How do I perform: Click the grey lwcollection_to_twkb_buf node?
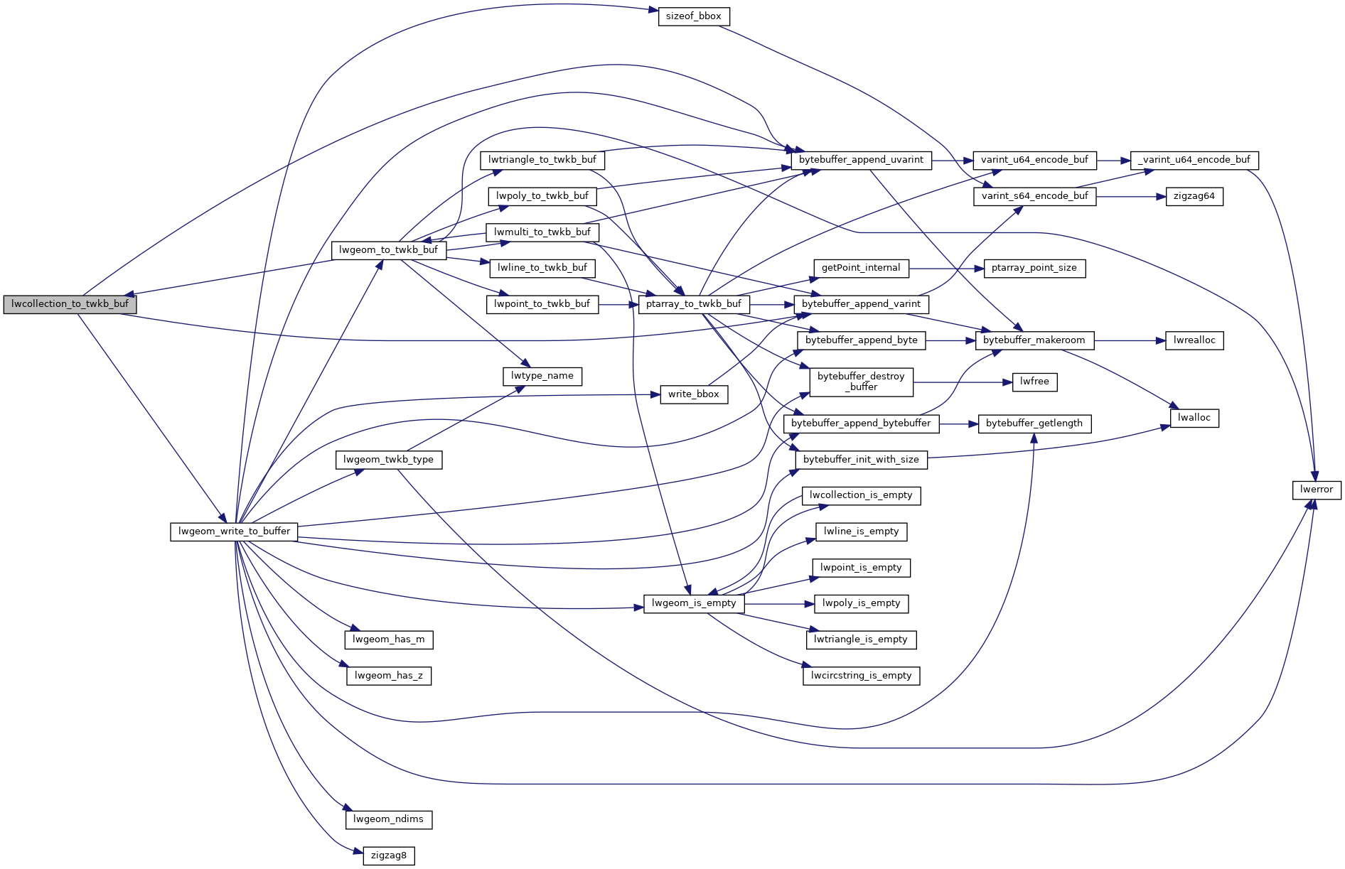pos(70,304)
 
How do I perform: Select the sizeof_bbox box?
pos(694,16)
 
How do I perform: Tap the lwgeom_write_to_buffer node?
pos(234,531)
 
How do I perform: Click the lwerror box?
pos(1316,490)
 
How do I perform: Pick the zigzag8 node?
pos(388,855)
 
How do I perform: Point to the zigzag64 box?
pos(1194,197)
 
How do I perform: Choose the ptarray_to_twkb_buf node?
pos(693,304)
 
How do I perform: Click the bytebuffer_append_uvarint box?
pos(861,160)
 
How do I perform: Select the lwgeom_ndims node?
pos(388,819)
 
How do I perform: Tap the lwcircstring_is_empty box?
pos(861,676)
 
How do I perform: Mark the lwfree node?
pos(1034,382)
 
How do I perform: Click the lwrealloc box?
pos(1194,340)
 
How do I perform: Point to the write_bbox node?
pos(694,394)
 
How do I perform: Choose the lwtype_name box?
pos(542,376)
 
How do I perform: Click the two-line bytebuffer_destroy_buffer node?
pos(861,382)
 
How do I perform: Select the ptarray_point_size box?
pos(1034,268)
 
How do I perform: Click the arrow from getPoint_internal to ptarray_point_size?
pos(946,269)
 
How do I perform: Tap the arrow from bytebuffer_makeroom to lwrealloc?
pos(1130,341)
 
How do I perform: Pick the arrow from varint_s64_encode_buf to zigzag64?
pos(1130,197)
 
